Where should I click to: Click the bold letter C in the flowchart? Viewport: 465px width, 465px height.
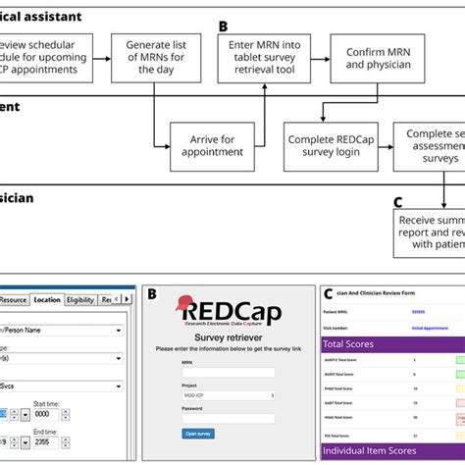(x=398, y=202)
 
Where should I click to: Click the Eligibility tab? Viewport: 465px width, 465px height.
(x=80, y=299)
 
